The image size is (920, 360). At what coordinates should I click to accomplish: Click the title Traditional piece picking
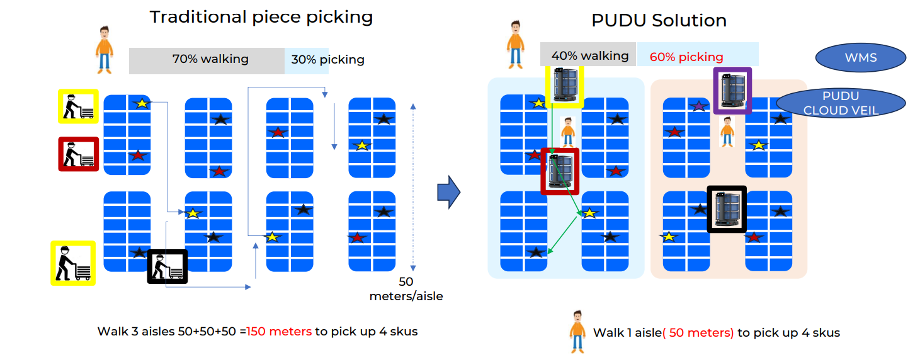pyautogui.click(x=261, y=17)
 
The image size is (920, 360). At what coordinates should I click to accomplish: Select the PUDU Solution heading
pyautogui.click(x=659, y=20)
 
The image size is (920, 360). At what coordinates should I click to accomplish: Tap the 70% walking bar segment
pyautogui.click(x=207, y=60)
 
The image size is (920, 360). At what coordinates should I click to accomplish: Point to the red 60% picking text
pyautogui.click(x=686, y=57)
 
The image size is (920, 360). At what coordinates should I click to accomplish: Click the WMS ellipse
pyautogui.click(x=860, y=58)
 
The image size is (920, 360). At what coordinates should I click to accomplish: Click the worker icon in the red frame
pyautogui.click(x=79, y=154)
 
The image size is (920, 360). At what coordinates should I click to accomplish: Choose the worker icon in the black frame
pyautogui.click(x=168, y=267)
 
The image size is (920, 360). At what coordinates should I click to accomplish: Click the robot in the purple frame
pyautogui.click(x=732, y=91)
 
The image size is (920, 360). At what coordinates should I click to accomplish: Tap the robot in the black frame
pyautogui.click(x=727, y=209)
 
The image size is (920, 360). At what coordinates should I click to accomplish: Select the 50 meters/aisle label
pyautogui.click(x=406, y=289)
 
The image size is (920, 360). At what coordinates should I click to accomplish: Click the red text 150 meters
pyautogui.click(x=279, y=332)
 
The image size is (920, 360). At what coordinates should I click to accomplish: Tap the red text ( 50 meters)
pyautogui.click(x=698, y=333)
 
